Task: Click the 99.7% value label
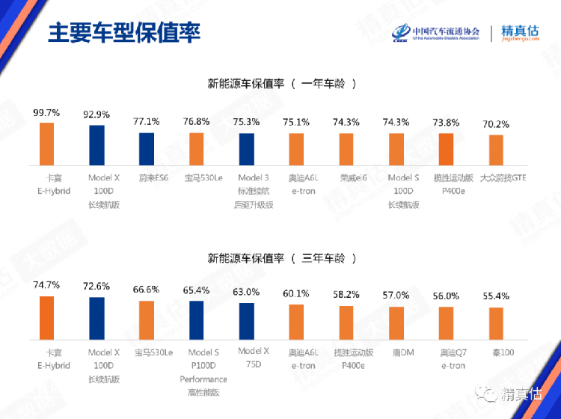(x=46, y=112)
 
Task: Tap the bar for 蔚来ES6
(x=147, y=148)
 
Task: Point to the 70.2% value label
(x=495, y=125)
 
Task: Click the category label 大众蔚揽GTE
(x=495, y=178)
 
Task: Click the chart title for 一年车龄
(x=281, y=83)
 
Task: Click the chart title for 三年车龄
(x=281, y=258)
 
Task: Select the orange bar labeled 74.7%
(x=46, y=318)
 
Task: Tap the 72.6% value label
(x=96, y=287)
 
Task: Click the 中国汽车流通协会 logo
(x=438, y=34)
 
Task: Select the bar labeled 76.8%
(x=196, y=148)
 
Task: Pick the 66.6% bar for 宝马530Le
(x=147, y=320)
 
